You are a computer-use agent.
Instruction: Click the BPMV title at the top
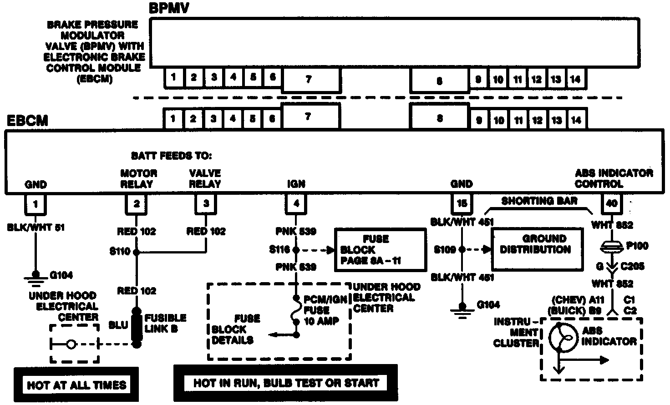coord(169,8)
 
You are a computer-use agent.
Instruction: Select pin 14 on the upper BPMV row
coord(575,79)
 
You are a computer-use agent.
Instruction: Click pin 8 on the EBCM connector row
coord(439,118)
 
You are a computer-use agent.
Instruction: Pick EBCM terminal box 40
coord(612,203)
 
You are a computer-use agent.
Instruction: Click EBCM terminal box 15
coord(462,203)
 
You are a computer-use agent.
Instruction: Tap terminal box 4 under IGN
coord(296,203)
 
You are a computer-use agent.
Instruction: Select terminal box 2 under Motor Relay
coord(136,204)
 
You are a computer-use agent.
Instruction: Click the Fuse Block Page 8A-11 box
coord(381,250)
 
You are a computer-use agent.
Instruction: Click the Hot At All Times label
coord(76,385)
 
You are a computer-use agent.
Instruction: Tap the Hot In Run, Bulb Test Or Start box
coord(286,383)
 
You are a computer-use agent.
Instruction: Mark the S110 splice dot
coord(136,251)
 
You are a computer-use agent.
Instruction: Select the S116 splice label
coord(279,250)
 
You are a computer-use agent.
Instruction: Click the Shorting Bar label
coord(539,201)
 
